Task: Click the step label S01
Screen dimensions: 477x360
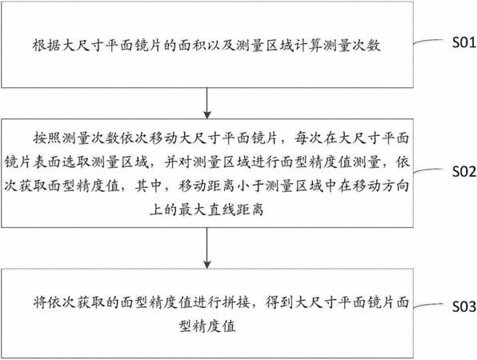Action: tap(464, 42)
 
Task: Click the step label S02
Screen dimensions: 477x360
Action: tap(464, 172)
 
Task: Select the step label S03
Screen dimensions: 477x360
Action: tap(464, 306)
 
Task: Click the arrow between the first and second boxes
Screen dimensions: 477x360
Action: tap(207, 103)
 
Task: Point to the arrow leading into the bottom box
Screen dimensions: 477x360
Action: tap(207, 248)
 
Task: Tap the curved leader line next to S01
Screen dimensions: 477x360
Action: tap(427, 42)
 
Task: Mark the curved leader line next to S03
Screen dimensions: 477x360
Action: tap(427, 306)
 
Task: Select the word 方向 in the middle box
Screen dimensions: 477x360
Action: tap(395, 186)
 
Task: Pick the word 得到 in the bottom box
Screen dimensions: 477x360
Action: tap(279, 302)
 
